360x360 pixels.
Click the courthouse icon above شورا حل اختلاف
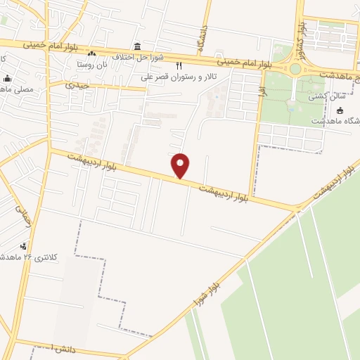tap(138, 45)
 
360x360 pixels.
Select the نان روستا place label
tap(92, 63)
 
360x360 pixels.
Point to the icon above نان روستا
tap(91, 53)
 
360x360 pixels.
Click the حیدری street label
tap(77, 84)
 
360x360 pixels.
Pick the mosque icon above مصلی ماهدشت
tap(7, 78)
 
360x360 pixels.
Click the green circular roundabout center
tap(295, 69)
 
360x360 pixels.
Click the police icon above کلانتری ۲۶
tap(25, 245)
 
